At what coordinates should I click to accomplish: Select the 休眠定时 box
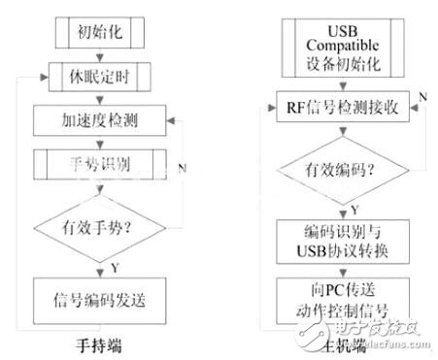pos(97,75)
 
